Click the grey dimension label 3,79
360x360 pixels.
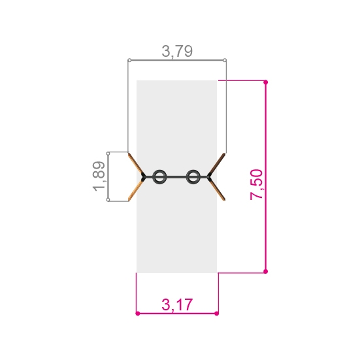click(x=177, y=51)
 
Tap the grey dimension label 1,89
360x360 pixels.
click(x=99, y=176)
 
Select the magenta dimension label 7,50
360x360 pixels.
click(x=256, y=185)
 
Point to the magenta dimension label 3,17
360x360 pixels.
click(x=177, y=304)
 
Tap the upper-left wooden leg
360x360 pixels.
click(x=136, y=164)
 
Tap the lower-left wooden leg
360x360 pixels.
click(x=136, y=190)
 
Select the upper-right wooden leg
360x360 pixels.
click(x=218, y=164)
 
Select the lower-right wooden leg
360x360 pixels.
click(x=218, y=189)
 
